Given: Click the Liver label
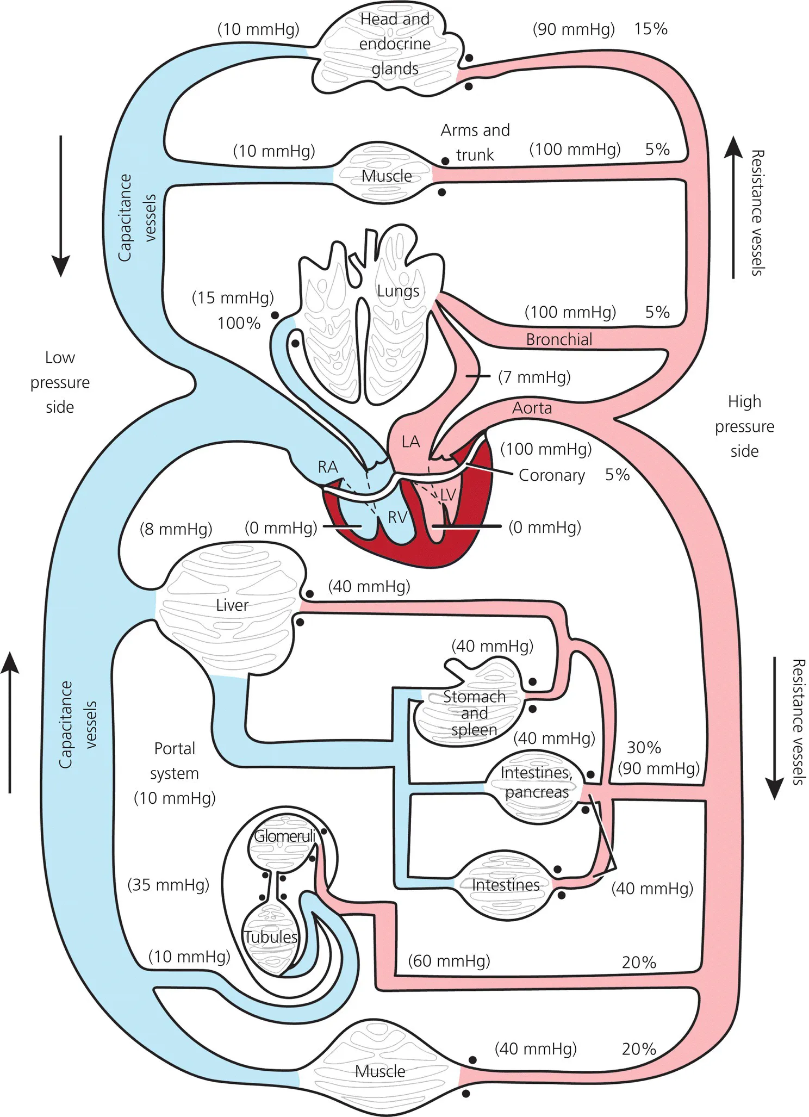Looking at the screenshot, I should pyautogui.click(x=232, y=605).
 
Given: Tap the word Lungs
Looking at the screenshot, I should pyautogui.click(x=398, y=291).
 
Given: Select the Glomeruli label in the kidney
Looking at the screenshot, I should pyautogui.click(x=284, y=836).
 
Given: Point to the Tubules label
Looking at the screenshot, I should pyautogui.click(x=270, y=936).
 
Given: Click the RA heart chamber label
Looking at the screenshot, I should pyautogui.click(x=328, y=467).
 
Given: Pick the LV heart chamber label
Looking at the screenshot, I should pyautogui.click(x=447, y=495).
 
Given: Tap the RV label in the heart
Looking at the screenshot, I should pyautogui.click(x=397, y=517).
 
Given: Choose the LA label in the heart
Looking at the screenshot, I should pyautogui.click(x=410, y=442).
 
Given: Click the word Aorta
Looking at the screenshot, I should pyautogui.click(x=532, y=408).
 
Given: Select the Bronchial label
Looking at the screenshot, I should pyautogui.click(x=559, y=339).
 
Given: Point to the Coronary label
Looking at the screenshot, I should pyautogui.click(x=551, y=475).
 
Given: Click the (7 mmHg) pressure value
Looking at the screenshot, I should pyautogui.click(x=534, y=377).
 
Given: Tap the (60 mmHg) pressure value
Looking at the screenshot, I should pyautogui.click(x=449, y=961).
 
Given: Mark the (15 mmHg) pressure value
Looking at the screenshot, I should pyautogui.click(x=233, y=298).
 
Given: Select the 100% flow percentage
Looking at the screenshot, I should pyautogui.click(x=239, y=324).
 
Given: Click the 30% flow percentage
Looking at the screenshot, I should pyautogui.click(x=644, y=748).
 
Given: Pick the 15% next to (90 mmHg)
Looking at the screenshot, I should pyautogui.click(x=650, y=29).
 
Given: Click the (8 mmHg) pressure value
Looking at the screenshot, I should pyautogui.click(x=176, y=529).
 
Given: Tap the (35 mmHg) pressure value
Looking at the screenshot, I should pyautogui.click(x=168, y=885).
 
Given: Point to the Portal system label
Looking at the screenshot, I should pyautogui.click(x=175, y=761).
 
